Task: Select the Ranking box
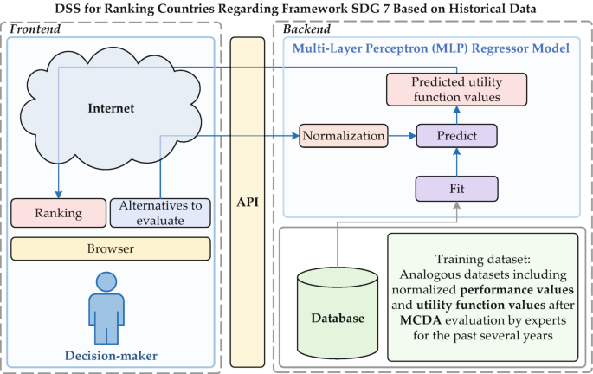(58, 213)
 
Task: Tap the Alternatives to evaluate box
(161, 213)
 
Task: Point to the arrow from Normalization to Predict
(401, 136)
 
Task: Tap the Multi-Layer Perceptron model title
(429, 49)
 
